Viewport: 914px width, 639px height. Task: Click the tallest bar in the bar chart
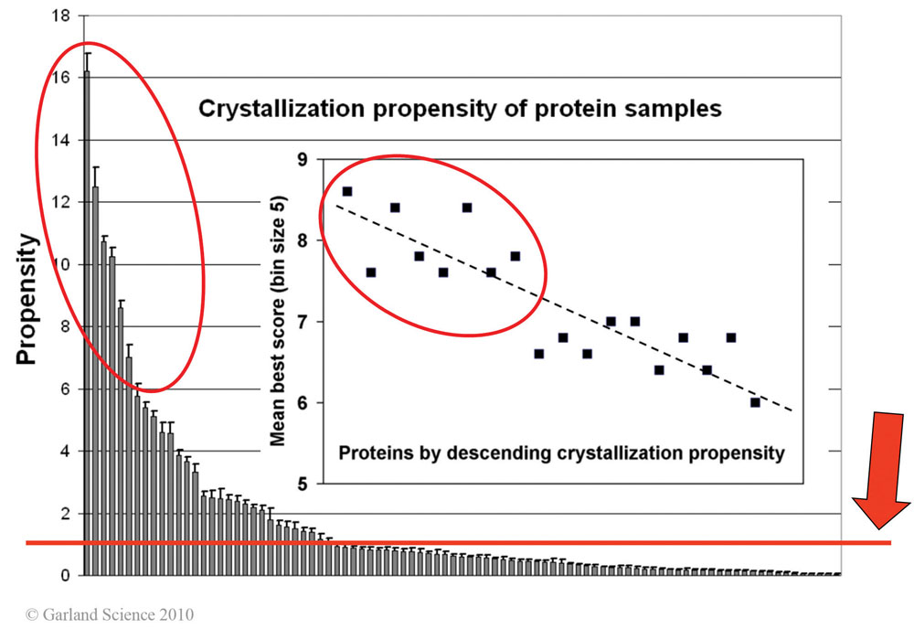coord(86,320)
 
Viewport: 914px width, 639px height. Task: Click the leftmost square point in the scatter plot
coord(347,191)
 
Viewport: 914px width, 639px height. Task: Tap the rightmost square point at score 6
coord(755,402)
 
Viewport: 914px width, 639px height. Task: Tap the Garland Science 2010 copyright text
coord(110,614)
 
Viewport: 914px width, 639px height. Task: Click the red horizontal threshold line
coord(457,543)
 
